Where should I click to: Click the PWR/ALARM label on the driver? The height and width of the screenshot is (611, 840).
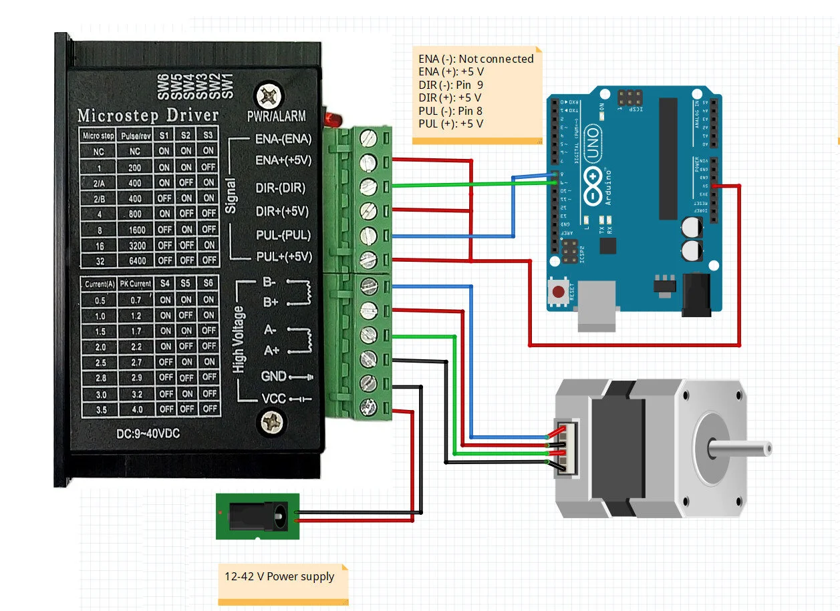[x=276, y=116]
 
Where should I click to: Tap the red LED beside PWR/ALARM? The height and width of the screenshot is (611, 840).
[x=331, y=120]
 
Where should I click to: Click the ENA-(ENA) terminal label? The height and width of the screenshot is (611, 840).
[x=283, y=140]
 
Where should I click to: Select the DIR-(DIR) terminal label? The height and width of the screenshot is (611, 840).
[x=281, y=188]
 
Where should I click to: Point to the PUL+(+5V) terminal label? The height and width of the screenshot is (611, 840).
[x=284, y=256]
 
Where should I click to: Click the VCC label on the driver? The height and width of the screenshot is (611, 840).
[x=273, y=399]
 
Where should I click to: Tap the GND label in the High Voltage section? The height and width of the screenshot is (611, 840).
[x=273, y=376]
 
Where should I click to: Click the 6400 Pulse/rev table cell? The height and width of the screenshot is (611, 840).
[x=136, y=260]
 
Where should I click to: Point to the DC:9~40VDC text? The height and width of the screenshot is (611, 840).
[x=148, y=433]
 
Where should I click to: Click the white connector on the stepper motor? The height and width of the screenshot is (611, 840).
[x=565, y=451]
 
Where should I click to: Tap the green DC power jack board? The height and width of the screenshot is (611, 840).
[x=257, y=516]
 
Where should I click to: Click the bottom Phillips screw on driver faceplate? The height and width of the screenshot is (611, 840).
[x=271, y=421]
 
